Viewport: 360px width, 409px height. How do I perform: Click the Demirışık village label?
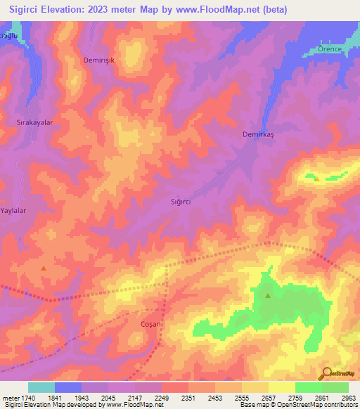pos(99,60)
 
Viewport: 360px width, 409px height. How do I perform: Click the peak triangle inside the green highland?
pos(268,296)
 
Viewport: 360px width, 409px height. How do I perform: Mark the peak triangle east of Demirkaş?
pos(316,178)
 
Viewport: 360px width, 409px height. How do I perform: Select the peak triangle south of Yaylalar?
pos(44,268)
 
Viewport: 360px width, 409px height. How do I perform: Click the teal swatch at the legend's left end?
pos(41,387)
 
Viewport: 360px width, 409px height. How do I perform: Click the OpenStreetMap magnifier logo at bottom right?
pos(326,374)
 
